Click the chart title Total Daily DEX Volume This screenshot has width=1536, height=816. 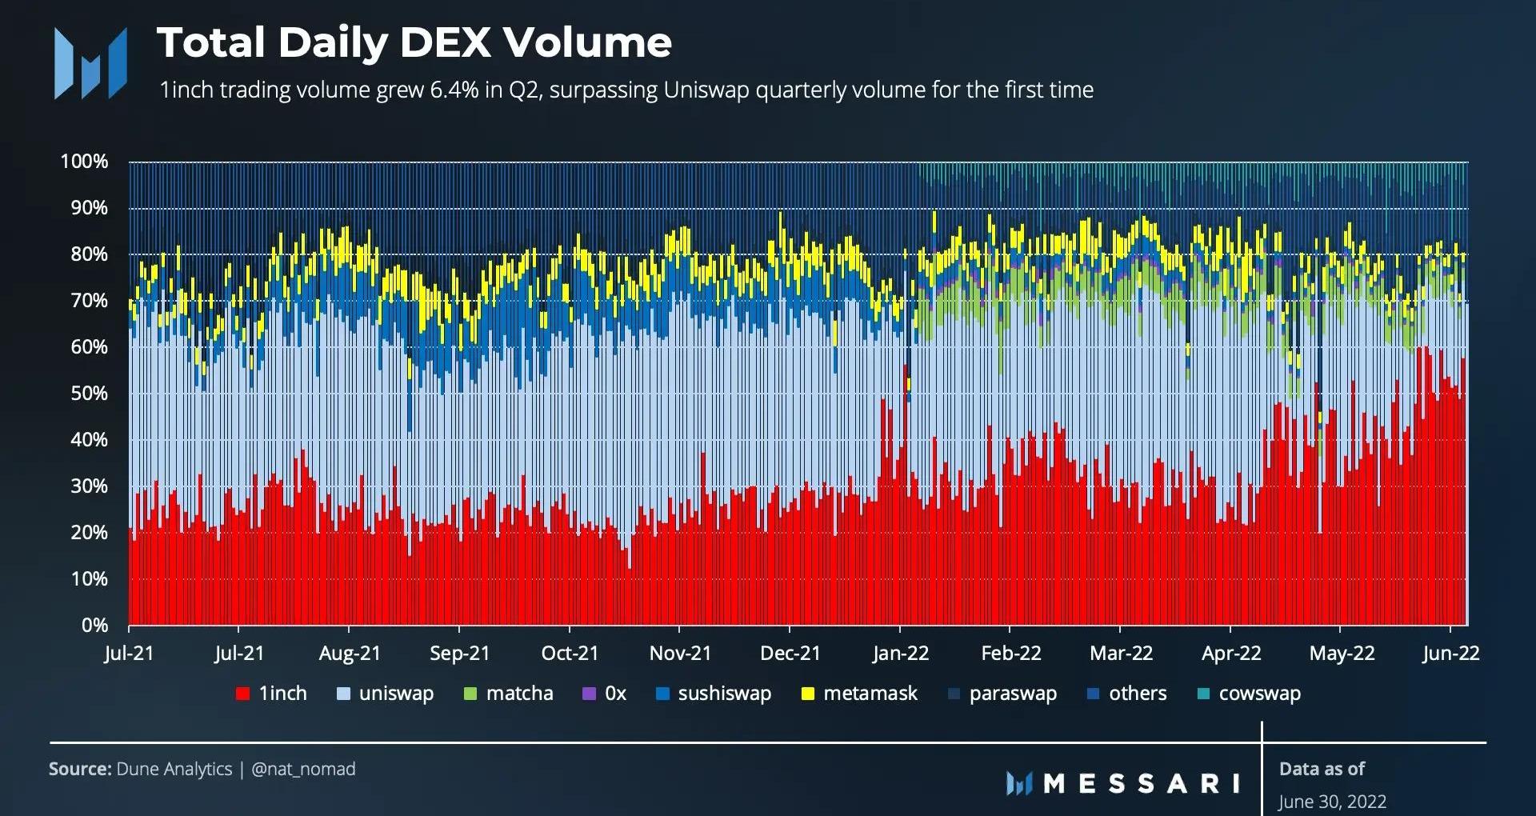414,42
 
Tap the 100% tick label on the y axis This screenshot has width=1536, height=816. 84,162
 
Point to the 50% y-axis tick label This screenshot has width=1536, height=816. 87,394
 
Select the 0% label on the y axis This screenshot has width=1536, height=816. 94,626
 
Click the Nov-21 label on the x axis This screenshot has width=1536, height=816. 680,654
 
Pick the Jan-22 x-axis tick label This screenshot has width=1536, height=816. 901,654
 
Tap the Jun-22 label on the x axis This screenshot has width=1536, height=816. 1450,654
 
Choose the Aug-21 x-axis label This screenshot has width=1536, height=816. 350,654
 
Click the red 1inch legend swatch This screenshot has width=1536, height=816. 242,694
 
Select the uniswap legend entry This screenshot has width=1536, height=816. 396,694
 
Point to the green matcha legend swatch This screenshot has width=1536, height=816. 470,694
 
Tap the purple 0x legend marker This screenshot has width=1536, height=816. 590,694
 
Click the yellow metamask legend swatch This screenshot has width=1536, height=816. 808,694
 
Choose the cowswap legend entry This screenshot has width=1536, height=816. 1259,694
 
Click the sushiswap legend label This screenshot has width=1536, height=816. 724,694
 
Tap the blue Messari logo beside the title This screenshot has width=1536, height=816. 90,63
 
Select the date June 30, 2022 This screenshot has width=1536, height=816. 1332,802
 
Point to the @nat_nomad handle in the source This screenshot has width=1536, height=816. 303,770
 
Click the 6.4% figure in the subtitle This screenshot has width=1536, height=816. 454,90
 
